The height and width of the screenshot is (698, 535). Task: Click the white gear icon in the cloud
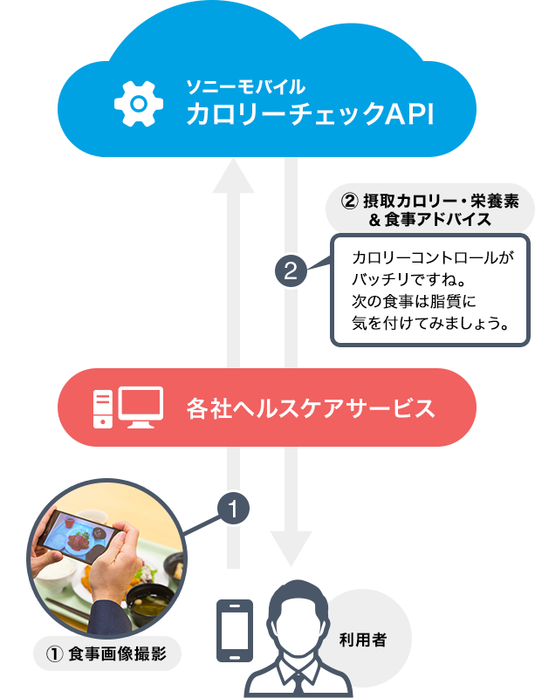pos(139,104)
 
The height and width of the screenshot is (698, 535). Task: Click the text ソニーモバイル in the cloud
pos(245,86)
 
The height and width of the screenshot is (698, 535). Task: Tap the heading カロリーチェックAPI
pos(310,114)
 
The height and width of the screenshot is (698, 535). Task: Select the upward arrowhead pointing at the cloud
pos(233,176)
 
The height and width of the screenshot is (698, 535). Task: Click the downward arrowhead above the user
pos(291,549)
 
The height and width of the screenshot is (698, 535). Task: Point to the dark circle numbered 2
pos(291,270)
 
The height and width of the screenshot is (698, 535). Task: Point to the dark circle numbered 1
pos(233,508)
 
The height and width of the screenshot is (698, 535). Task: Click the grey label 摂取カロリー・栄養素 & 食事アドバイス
pos(430,210)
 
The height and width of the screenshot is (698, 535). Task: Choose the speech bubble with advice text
pos(430,291)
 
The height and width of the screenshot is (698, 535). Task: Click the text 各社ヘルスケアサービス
pos(311,407)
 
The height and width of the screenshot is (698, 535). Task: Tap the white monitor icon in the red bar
pos(141,407)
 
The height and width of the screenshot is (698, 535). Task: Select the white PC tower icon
pos(102,409)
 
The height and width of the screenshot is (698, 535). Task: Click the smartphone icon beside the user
pos(234,630)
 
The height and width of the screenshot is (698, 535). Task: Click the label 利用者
pos(362,640)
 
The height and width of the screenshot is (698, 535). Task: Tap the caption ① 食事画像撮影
pos(106,654)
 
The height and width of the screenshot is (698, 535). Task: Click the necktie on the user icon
pos(298,685)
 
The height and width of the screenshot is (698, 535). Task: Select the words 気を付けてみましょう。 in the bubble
pos(430,323)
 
